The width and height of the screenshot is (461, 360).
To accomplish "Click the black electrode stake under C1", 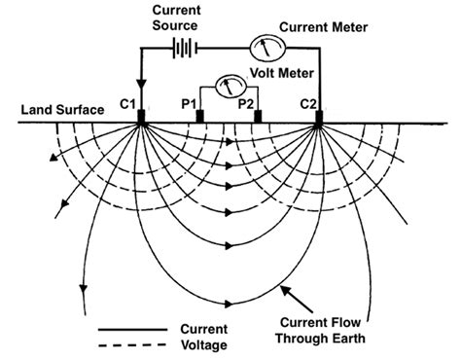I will (142, 119).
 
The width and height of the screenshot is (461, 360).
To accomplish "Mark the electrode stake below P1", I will (199, 118).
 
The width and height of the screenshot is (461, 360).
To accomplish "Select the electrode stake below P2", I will (258, 118).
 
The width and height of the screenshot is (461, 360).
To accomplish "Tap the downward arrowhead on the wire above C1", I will (142, 84).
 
